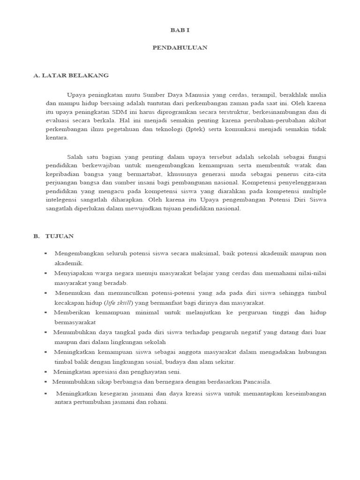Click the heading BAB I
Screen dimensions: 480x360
pyautogui.click(x=180, y=30)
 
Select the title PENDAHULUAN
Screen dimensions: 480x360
pyautogui.click(x=180, y=48)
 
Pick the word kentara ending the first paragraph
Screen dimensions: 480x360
pyautogui.click(x=56, y=138)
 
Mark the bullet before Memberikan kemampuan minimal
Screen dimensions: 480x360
pyautogui.click(x=46, y=312)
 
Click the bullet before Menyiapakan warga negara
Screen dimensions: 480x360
pyautogui.click(x=46, y=273)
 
